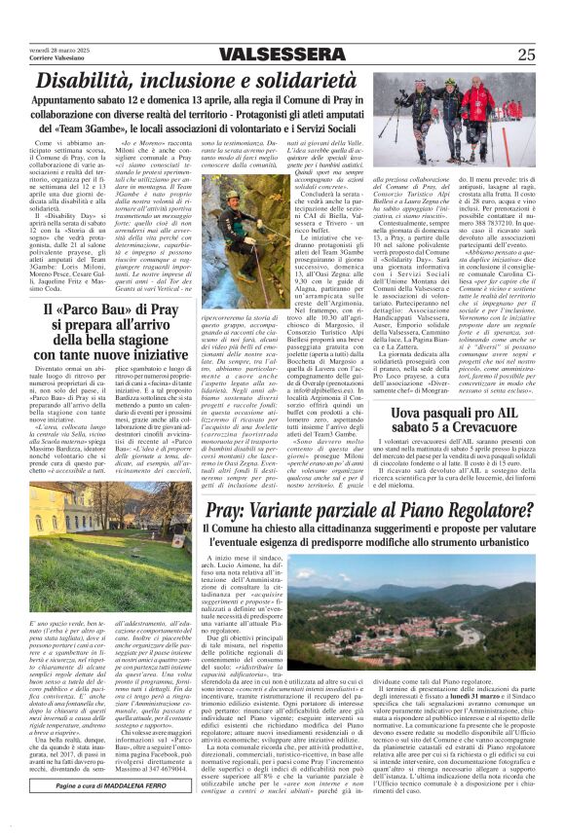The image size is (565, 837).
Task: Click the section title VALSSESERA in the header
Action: click(x=282, y=55)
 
